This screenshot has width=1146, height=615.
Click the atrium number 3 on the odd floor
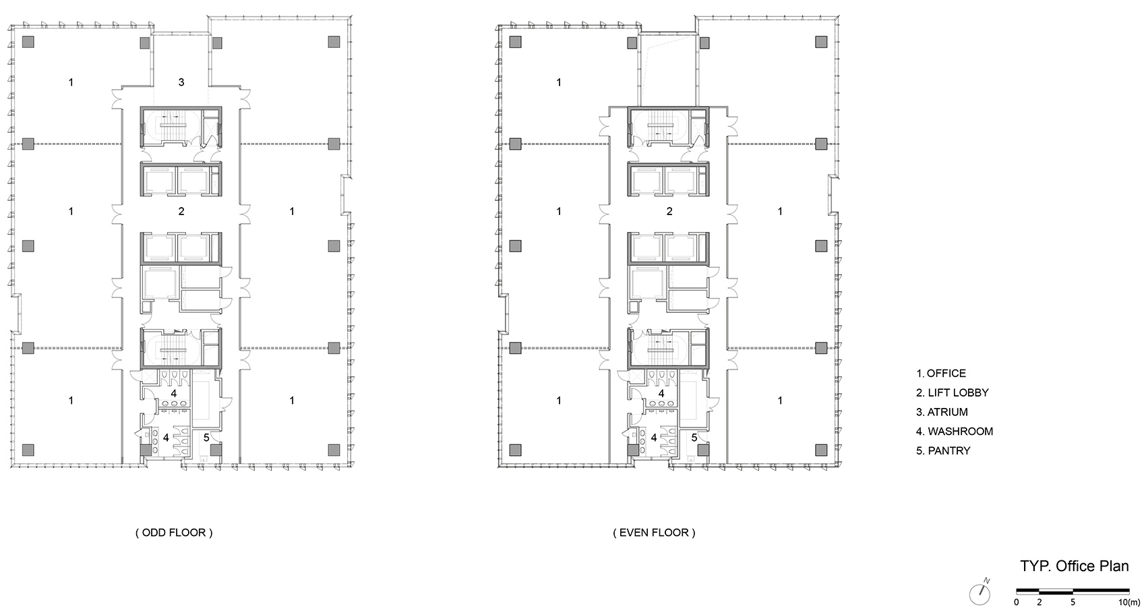[x=181, y=82]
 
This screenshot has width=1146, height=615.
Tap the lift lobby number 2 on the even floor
[x=669, y=211]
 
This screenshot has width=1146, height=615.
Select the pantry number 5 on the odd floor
[x=207, y=438]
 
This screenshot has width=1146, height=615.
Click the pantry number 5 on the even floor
[x=694, y=438]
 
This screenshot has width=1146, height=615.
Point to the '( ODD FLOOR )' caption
[x=174, y=533]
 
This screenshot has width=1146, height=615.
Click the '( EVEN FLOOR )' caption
[x=655, y=533]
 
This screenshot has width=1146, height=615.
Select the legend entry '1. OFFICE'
[x=941, y=374]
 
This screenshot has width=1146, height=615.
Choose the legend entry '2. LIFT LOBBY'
[x=952, y=393]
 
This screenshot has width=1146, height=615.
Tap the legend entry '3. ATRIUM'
[x=942, y=413]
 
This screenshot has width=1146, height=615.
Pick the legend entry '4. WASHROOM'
[x=954, y=432]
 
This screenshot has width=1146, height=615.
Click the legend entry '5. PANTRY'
[x=943, y=451]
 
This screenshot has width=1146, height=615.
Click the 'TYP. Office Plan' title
[x=1075, y=566]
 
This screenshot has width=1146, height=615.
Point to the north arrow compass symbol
[x=979, y=593]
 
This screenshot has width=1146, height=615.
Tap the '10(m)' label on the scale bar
[x=1129, y=603]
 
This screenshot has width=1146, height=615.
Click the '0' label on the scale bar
[x=1016, y=603]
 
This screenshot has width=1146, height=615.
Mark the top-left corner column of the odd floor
[x=28, y=42]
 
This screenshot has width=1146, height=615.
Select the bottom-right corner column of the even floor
[x=821, y=450]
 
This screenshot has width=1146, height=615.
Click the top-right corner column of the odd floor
[x=334, y=42]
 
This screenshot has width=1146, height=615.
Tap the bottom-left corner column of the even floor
[x=515, y=450]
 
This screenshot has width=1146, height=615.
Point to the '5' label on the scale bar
[x=1073, y=603]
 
